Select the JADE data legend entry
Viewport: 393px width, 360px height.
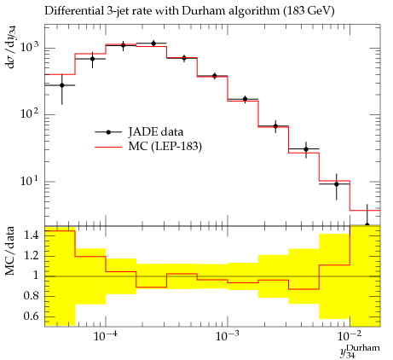(139, 132)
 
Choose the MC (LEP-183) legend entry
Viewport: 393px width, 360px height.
(148, 147)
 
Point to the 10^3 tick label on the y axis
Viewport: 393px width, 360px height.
(30, 46)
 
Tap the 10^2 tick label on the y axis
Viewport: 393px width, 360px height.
(30, 113)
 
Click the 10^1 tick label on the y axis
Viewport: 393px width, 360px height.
(30, 180)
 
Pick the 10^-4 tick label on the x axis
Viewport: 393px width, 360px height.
(106, 336)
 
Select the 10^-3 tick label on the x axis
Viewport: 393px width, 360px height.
(228, 336)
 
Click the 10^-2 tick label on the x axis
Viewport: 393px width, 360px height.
(350, 336)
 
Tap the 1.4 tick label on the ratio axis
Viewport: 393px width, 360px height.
(32, 235)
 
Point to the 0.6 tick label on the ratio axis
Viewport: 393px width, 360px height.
(32, 316)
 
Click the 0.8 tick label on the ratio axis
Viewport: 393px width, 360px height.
(32, 296)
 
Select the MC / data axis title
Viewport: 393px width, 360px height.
(10, 251)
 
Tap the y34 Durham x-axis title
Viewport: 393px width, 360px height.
(360, 351)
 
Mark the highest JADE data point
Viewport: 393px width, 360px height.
(153, 44)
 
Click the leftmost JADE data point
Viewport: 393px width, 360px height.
(62, 85)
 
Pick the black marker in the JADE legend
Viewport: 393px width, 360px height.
(108, 132)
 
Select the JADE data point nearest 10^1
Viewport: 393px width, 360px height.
(337, 184)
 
